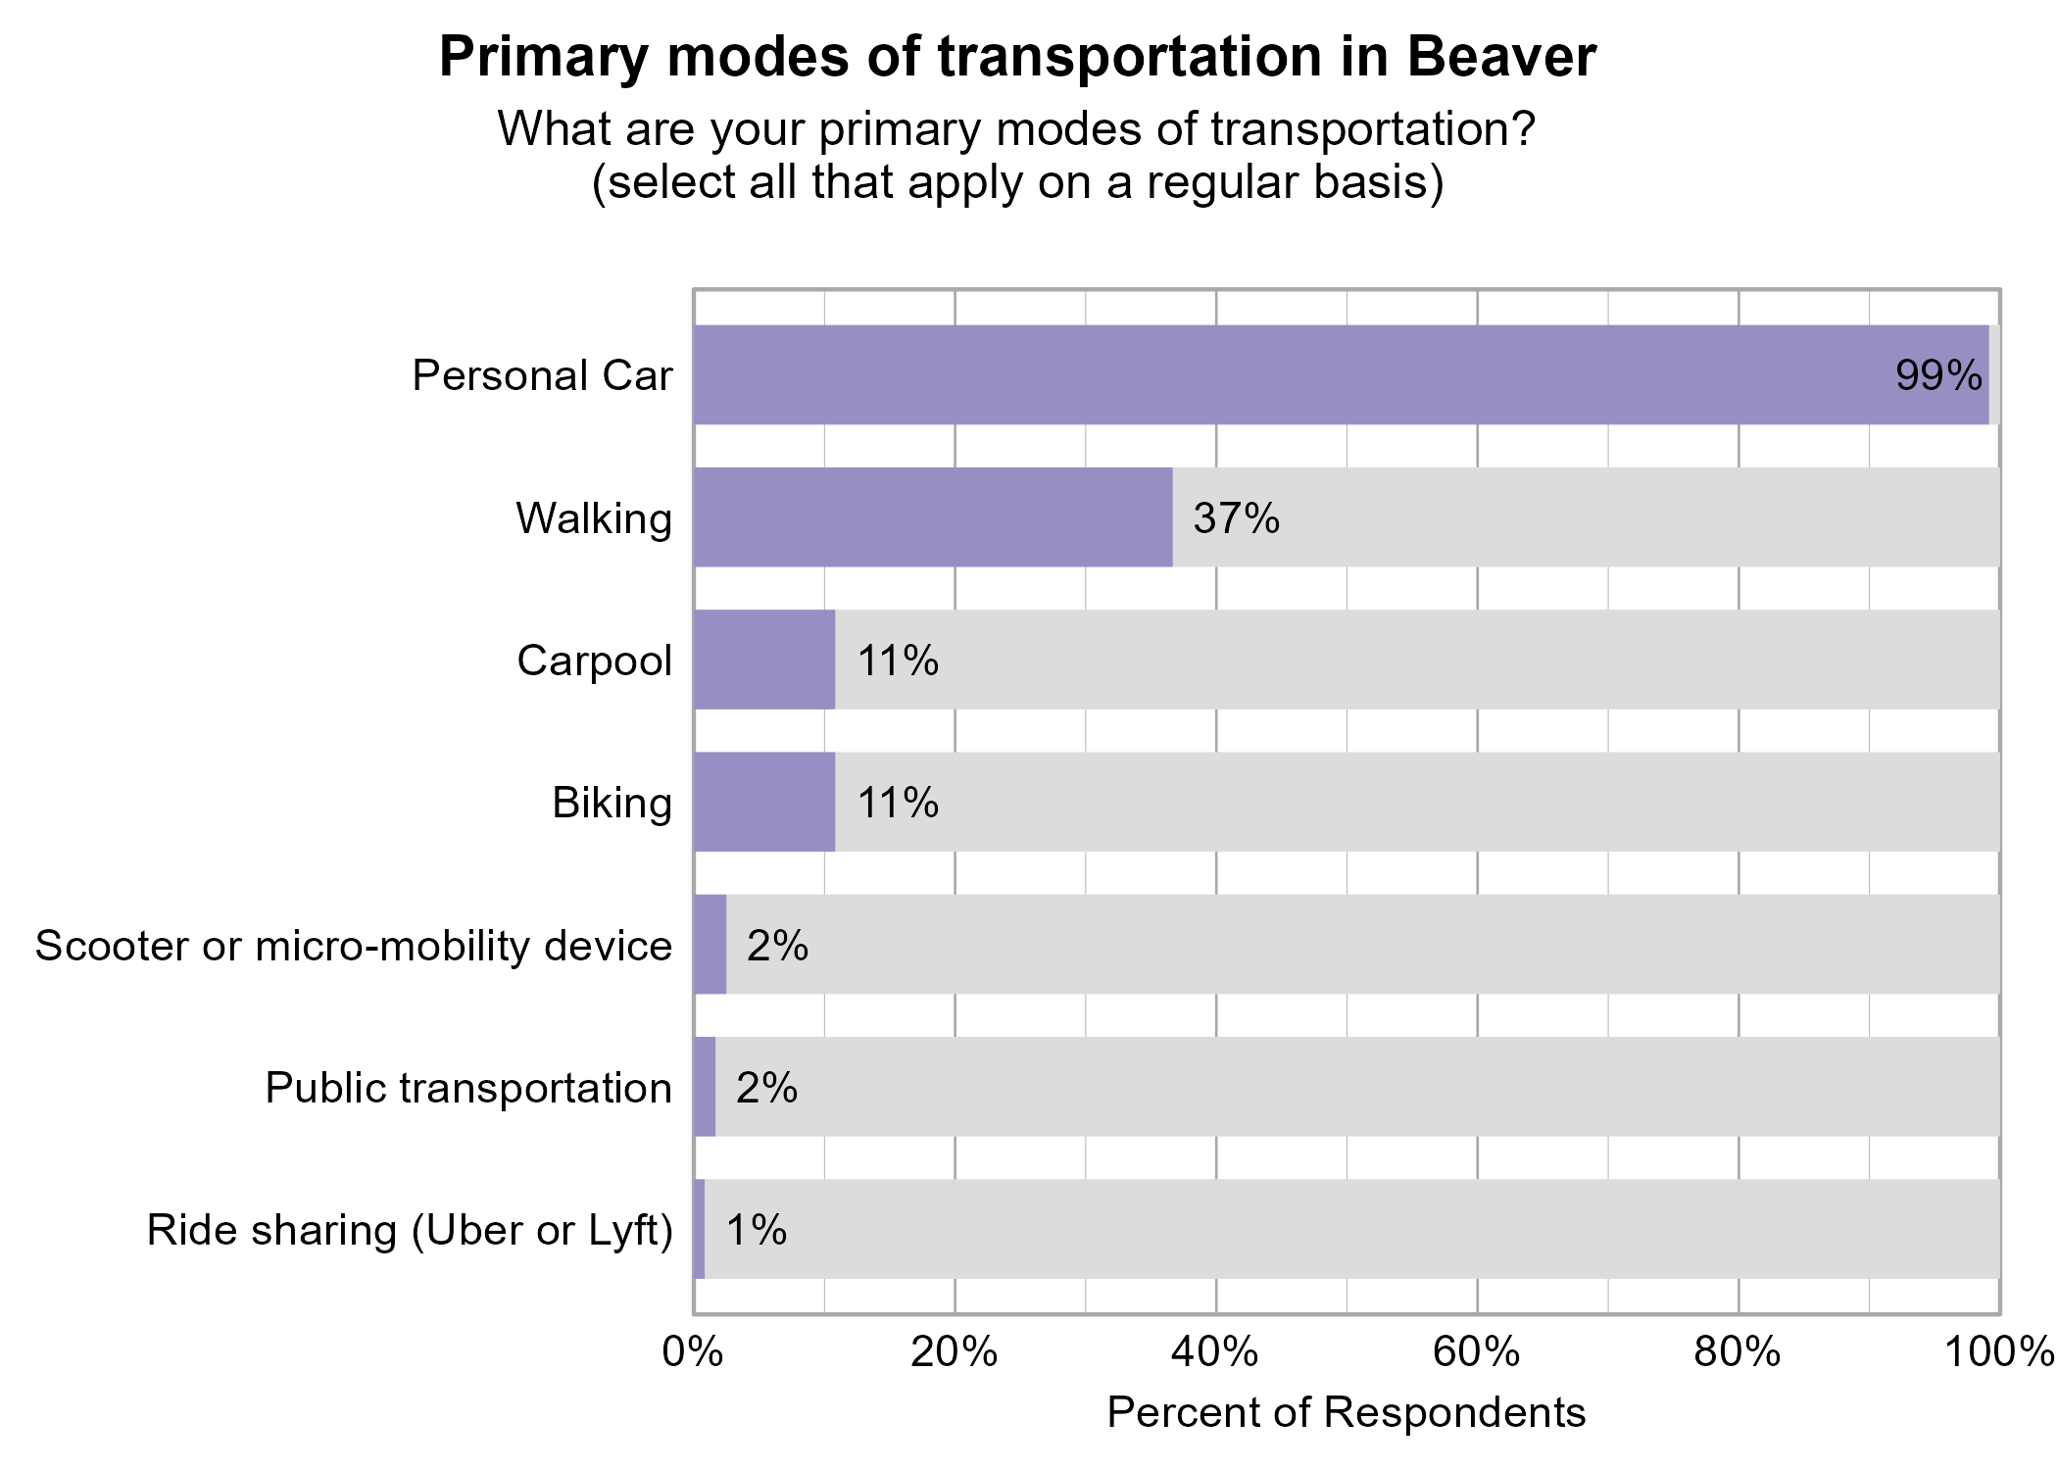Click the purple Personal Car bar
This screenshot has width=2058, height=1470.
coord(1341,374)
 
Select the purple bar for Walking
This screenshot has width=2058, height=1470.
coord(933,516)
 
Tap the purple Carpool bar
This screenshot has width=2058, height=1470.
coord(764,660)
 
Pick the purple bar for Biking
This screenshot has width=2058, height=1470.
coord(764,802)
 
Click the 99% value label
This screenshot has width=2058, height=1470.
coord(1938,376)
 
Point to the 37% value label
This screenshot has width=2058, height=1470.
coord(1236,518)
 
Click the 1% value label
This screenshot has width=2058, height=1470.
coord(756,1230)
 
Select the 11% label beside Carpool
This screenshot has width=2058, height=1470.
coord(898,661)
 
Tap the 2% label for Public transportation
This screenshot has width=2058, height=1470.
coord(766,1088)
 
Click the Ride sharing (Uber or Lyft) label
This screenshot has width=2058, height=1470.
coord(410,1231)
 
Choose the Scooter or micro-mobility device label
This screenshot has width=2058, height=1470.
coord(354,946)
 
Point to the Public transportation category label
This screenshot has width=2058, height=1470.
coord(468,1088)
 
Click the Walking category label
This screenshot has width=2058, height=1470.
coord(594,518)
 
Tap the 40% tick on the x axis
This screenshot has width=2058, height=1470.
coord(1215,1353)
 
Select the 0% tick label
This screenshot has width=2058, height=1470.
coord(693,1353)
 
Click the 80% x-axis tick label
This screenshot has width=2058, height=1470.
coord(1738,1353)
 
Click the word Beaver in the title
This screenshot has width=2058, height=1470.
coord(1501,57)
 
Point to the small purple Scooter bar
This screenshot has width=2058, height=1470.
coord(710,944)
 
